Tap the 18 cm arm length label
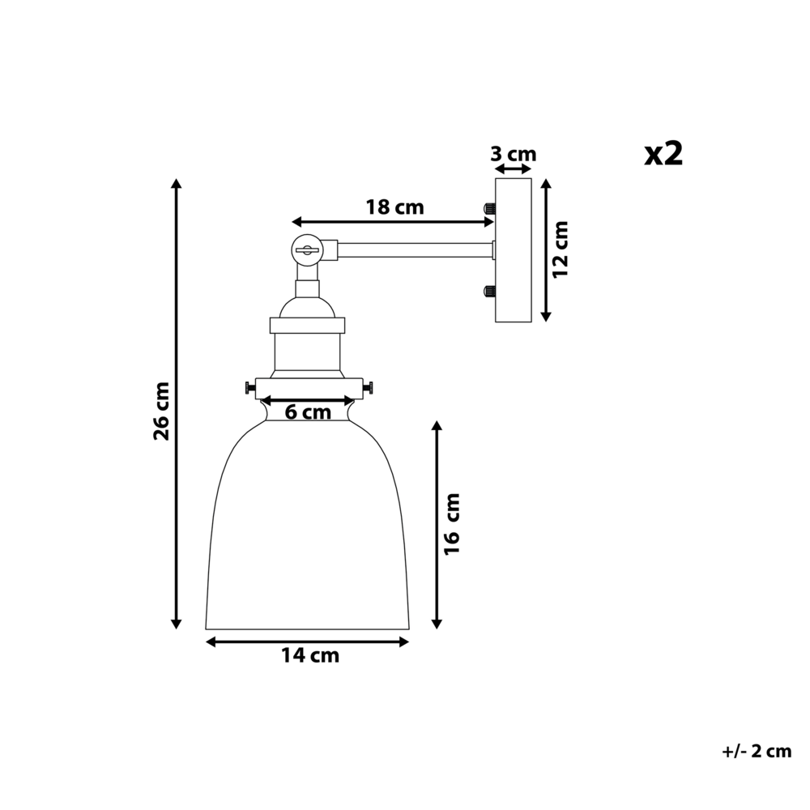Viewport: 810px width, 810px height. [x=394, y=207]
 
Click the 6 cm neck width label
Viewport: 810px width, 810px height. [x=309, y=412]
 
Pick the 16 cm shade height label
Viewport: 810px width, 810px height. [x=452, y=524]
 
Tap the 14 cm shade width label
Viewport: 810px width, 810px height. [x=310, y=656]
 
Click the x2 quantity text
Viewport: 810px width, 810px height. [x=663, y=153]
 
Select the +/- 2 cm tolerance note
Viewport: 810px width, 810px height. [x=756, y=751]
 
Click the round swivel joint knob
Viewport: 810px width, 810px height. [x=307, y=250]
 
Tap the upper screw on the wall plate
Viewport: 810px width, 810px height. [x=489, y=209]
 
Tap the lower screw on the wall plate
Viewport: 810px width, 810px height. [x=489, y=291]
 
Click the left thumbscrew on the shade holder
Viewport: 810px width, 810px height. [x=249, y=389]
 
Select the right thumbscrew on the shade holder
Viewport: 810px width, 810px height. [x=369, y=388]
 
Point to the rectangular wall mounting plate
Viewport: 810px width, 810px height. [x=512, y=250]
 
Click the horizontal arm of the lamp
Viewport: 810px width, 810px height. [x=413, y=250]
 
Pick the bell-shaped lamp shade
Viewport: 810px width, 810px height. [x=307, y=535]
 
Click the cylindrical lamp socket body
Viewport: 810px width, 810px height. [x=307, y=352]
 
